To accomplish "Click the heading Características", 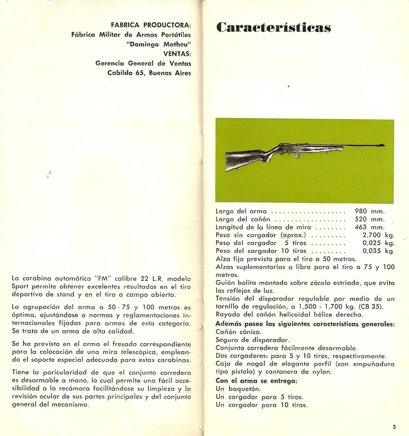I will [x=273, y=28].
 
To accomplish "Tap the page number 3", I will [x=394, y=426].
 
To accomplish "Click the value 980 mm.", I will [x=369, y=211].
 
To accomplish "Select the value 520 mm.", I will [x=369, y=219].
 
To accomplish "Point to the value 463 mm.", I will [x=369, y=227].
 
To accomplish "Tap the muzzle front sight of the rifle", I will [x=382, y=144].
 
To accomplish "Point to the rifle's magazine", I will [x=297, y=155].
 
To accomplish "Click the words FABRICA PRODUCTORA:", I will [x=151, y=25].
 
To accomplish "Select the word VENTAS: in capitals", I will [x=177, y=54].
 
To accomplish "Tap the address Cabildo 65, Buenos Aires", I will [x=149, y=73].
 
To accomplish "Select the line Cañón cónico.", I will [x=239, y=332].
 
